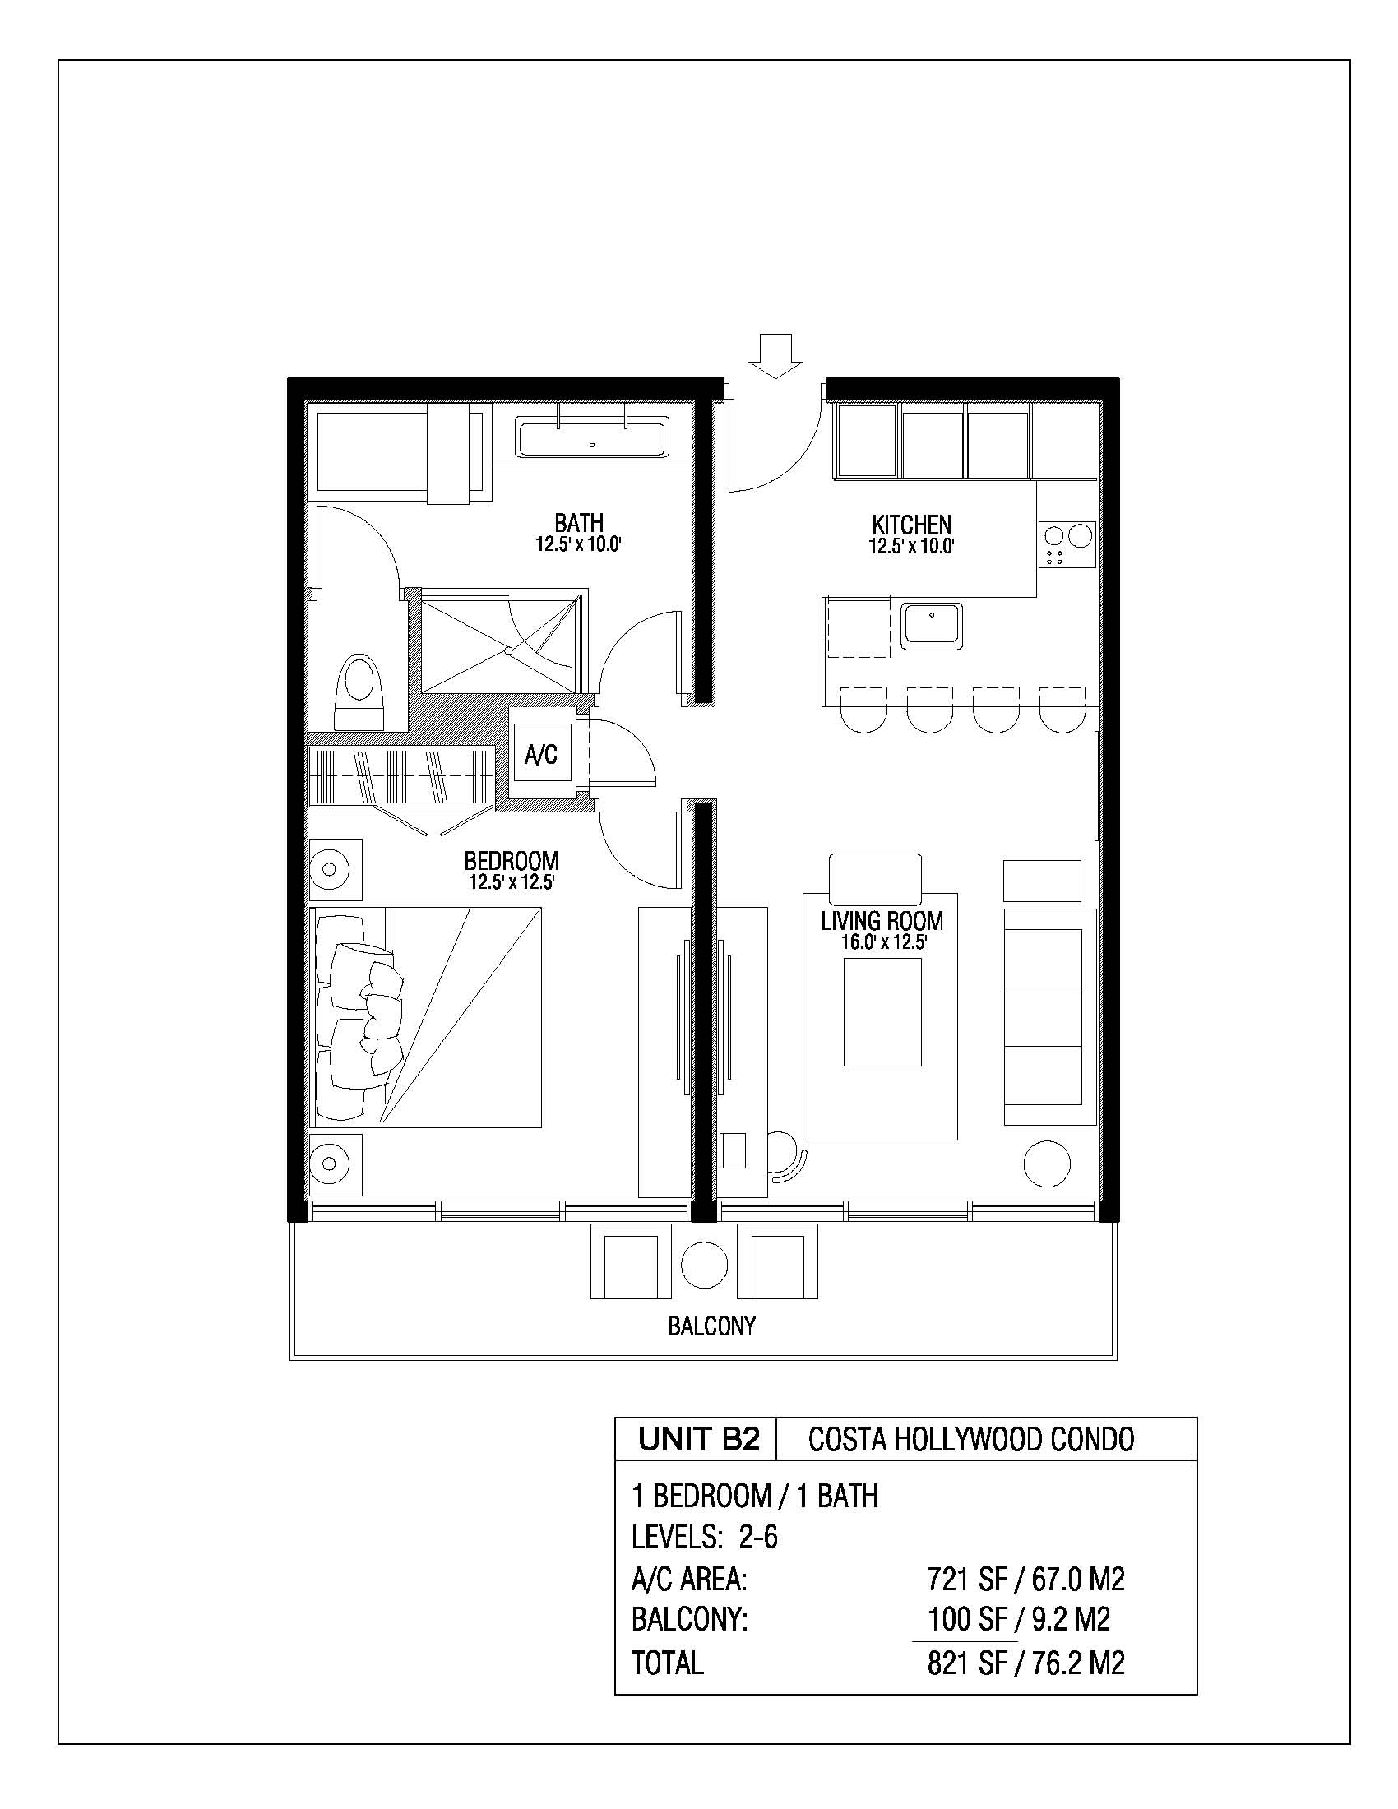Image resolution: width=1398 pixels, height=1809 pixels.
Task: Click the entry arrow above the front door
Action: point(775,356)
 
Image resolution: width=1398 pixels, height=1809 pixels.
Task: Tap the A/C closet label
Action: point(541,754)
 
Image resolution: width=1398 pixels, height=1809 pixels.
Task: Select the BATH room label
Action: point(579,523)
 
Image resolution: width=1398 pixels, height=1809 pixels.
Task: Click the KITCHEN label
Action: point(912,525)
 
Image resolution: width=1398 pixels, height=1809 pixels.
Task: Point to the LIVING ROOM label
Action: point(882,920)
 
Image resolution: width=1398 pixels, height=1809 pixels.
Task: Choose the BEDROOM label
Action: point(511,861)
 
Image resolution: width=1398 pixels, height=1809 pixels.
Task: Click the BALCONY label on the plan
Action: point(712,1326)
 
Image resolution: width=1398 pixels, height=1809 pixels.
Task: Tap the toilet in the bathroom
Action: point(360,692)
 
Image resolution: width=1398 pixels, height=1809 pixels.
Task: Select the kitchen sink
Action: point(932,627)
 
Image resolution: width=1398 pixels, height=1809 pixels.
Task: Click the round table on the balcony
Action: point(704,1265)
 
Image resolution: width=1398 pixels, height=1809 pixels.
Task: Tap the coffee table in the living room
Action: point(882,1011)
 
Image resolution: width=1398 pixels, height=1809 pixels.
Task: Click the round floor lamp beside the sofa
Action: point(1047,1164)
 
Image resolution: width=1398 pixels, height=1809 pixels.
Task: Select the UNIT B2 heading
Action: point(699,1439)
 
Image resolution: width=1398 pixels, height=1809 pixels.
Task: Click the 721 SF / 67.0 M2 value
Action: point(1026,1580)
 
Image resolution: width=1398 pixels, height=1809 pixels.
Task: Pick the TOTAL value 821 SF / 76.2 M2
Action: point(1026,1663)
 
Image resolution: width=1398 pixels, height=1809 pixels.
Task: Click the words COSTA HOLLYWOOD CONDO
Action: point(971,1440)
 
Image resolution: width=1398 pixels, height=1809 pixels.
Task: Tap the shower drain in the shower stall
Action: point(510,651)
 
